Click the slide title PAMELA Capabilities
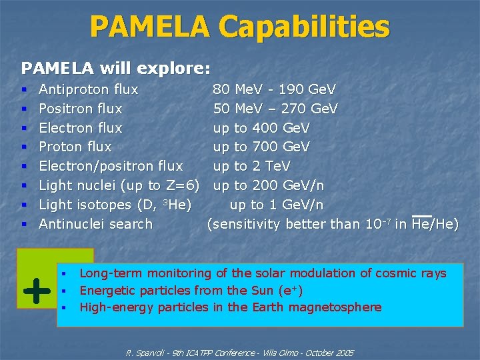point(239,27)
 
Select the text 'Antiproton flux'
point(89,89)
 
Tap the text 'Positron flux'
point(81,109)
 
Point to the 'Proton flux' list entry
point(75,147)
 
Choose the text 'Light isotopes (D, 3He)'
point(115,205)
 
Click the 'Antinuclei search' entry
point(96,224)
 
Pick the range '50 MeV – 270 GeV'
point(275,109)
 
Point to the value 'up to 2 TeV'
point(251,166)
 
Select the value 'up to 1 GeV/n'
point(277,205)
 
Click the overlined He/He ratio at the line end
point(435,224)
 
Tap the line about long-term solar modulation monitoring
point(263,273)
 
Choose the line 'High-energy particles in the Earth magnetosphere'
point(231,307)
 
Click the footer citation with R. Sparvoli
point(240,353)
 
